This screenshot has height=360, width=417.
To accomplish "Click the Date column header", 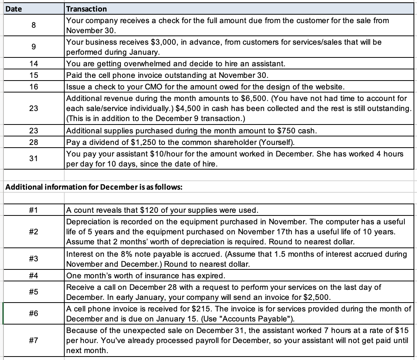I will (14, 8).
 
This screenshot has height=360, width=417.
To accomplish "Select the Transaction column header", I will (87, 8).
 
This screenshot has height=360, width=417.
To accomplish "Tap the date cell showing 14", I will (33, 64).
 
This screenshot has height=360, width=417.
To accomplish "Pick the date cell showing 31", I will (33, 158).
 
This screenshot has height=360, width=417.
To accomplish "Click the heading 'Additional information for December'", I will (94, 187).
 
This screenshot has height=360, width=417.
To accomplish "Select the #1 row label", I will (33, 210).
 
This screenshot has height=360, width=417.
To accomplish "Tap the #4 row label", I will (33, 276).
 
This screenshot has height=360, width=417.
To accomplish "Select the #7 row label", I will (33, 340).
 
